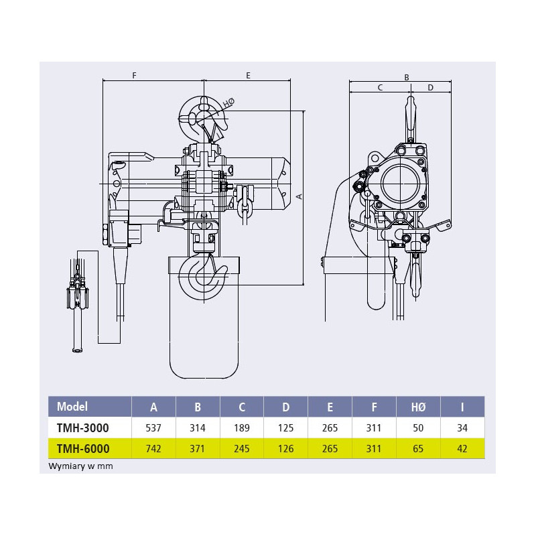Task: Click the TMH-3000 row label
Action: coord(82,427)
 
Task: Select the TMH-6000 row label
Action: coord(83,448)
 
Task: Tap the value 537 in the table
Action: coord(153,428)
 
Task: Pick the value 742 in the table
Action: coord(153,448)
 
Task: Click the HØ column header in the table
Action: coord(418,407)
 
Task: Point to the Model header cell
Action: coord(72,407)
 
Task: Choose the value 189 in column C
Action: coord(242,428)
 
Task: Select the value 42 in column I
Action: coord(462,448)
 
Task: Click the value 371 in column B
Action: coord(197,448)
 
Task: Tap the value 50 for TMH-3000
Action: coord(418,428)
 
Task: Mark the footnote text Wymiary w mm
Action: coord(80,466)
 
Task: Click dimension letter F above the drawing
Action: coord(135,76)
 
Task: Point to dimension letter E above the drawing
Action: coord(248,76)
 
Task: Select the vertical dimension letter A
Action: coord(299,196)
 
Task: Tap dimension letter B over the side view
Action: coord(407,77)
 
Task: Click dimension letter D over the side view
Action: coord(430,88)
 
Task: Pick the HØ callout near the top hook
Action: coord(229,103)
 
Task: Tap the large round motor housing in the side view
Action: coord(400,183)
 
